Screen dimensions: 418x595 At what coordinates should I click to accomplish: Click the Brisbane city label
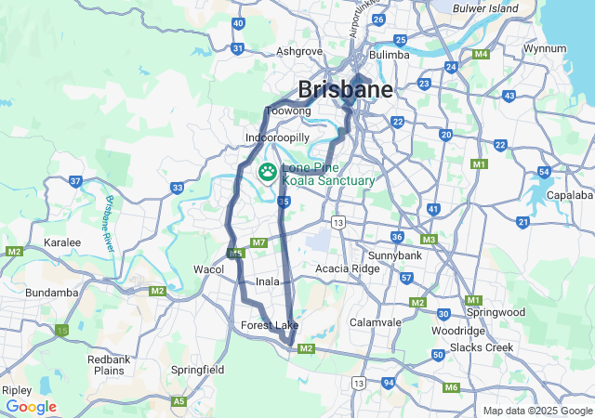pos(345,90)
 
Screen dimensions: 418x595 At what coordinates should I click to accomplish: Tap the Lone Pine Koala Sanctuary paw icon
pos(268,171)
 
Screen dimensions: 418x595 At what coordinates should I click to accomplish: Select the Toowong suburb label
pos(287,111)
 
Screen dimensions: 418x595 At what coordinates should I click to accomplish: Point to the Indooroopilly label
pos(276,137)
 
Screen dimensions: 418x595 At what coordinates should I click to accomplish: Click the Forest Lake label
pos(270,325)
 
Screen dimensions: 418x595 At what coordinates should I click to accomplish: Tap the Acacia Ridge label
pos(348,268)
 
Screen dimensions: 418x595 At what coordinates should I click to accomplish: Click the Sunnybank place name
pos(395,255)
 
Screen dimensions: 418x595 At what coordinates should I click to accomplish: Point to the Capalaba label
pos(570,195)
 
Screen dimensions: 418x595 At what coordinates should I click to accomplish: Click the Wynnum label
pos(545,47)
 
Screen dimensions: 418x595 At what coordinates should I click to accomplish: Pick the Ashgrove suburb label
pos(299,52)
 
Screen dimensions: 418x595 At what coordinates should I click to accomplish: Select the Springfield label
pos(198,370)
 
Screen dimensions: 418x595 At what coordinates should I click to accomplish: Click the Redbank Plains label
pos(109,365)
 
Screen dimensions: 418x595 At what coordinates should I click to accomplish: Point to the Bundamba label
pos(52,293)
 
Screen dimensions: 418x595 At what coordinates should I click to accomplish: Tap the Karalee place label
pos(62,242)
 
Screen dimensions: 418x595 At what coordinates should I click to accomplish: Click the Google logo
pos(32,407)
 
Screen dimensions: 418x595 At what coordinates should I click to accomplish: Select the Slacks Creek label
pos(482,347)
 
